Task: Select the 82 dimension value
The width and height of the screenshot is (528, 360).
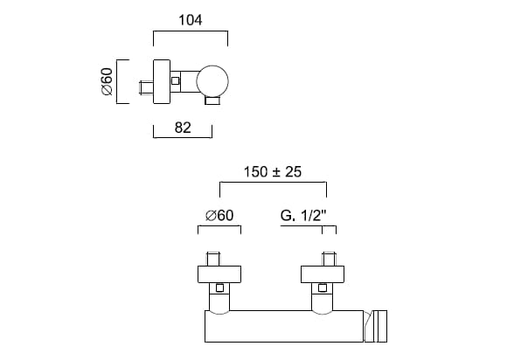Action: pos(183,128)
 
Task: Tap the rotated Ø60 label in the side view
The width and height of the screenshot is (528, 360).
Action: pos(107,81)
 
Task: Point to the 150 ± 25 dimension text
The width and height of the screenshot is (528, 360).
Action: pos(272,172)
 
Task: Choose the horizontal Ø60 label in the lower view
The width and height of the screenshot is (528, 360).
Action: pos(219,215)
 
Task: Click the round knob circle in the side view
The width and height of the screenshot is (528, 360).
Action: pos(213,81)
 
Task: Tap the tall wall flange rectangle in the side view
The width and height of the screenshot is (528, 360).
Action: pos(162,81)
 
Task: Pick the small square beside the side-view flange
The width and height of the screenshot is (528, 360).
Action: pos(177,81)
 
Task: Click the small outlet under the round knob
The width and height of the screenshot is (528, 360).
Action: pos(212,101)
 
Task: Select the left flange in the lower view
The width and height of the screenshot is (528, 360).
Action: pos(219,274)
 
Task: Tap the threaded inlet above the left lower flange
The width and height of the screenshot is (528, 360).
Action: pos(214,259)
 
